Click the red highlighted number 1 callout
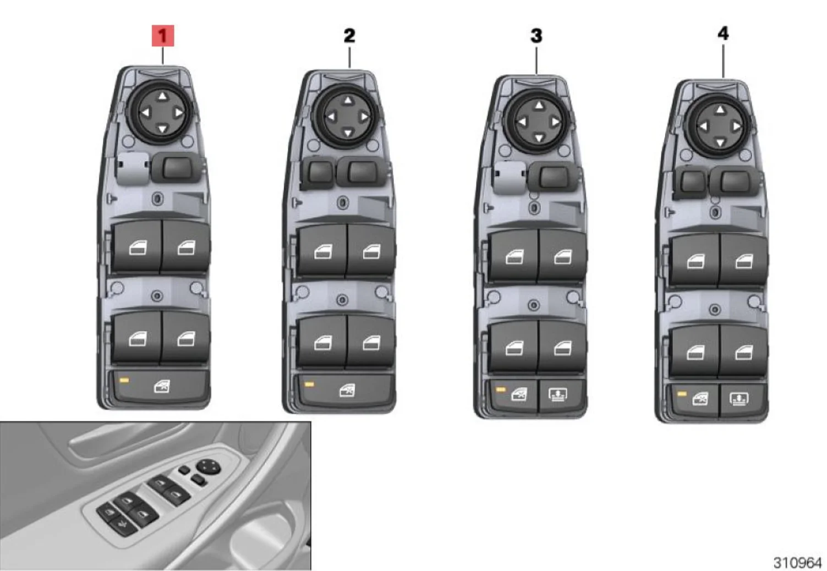click(162, 36)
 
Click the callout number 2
click(349, 36)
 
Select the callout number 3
click(536, 36)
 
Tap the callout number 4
click(723, 34)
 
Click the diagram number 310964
click(797, 562)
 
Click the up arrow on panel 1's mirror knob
click(162, 97)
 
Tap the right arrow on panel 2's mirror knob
click(364, 117)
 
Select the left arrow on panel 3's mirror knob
click(522, 122)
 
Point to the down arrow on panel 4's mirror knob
click(720, 142)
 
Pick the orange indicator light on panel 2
click(309, 384)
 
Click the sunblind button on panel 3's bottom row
click(558, 395)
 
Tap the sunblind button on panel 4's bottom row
click(738, 399)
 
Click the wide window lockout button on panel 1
click(161, 387)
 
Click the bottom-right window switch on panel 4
click(743, 351)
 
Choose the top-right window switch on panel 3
click(562, 256)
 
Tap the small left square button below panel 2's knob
click(319, 172)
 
